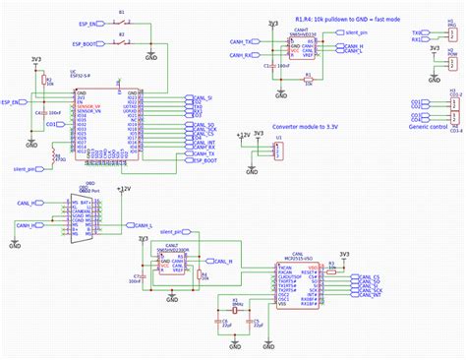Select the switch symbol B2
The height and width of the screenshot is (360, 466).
pos(123,43)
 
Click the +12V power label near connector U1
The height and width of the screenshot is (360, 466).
pos(244,132)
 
